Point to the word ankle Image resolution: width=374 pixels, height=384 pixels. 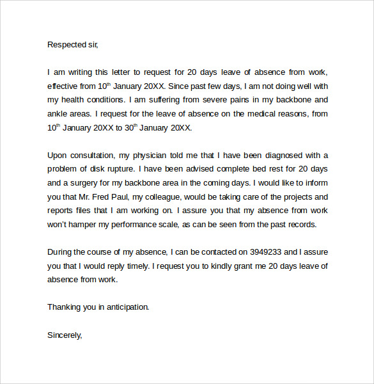coord(58,114)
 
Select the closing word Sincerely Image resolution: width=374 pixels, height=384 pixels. coord(65,335)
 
